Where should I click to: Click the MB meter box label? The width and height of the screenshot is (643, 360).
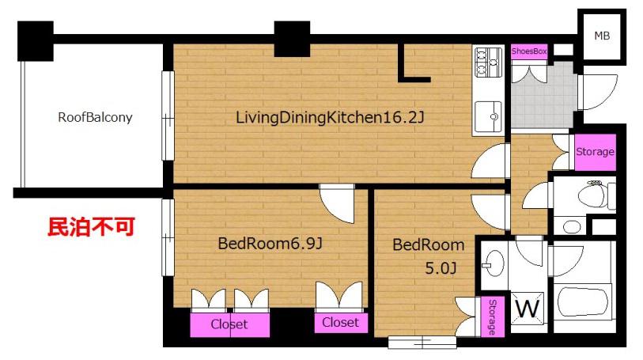[x=602, y=36]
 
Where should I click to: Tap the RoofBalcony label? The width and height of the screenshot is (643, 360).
[x=95, y=117]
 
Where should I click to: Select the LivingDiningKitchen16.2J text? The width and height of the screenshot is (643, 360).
[x=330, y=118]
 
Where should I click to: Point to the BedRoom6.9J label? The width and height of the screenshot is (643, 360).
[x=270, y=244]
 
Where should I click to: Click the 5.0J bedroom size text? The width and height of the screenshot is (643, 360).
[x=441, y=268]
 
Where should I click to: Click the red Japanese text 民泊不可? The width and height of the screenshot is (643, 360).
[x=91, y=227]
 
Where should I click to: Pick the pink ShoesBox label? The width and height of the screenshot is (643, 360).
[x=529, y=51]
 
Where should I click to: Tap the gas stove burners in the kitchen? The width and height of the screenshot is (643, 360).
[x=489, y=62]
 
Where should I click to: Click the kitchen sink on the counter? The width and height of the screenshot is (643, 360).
[x=488, y=117]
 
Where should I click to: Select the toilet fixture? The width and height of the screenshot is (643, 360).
[x=596, y=195]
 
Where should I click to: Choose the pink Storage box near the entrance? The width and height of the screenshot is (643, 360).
[x=595, y=152]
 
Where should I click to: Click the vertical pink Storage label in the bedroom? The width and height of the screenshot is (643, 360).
[x=493, y=316]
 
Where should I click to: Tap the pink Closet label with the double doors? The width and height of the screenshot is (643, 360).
[x=229, y=324]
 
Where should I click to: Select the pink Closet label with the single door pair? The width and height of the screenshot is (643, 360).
[x=340, y=323]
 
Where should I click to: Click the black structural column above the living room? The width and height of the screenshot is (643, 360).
[x=292, y=39]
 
